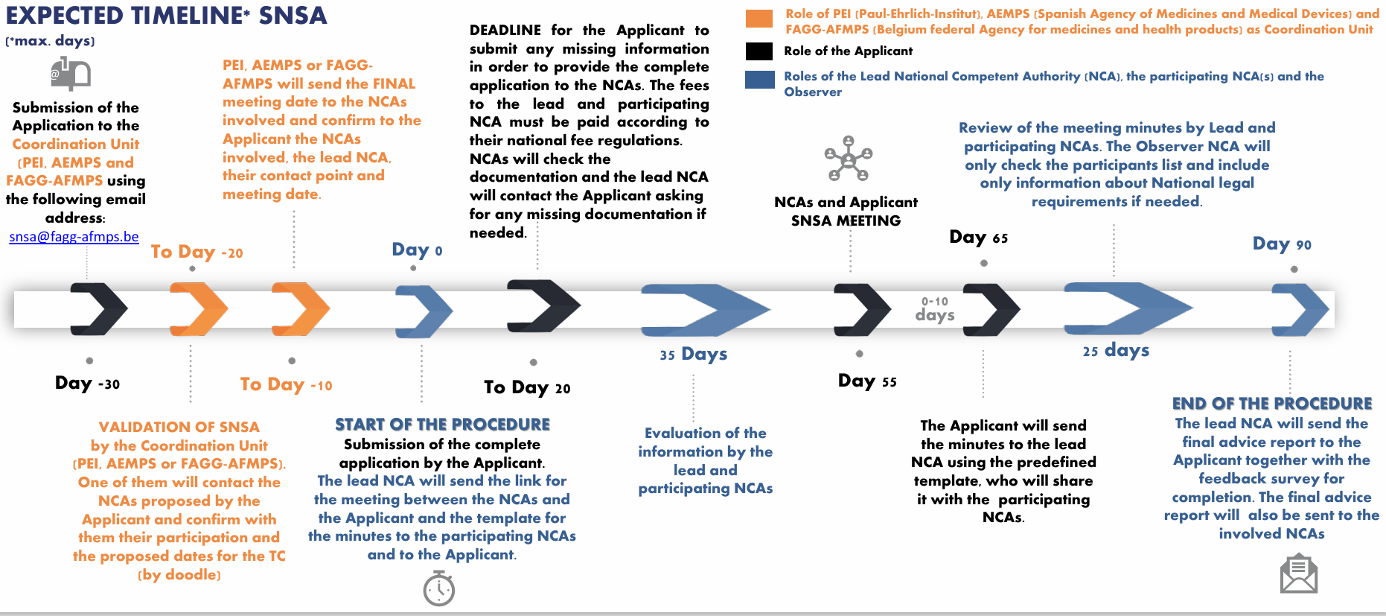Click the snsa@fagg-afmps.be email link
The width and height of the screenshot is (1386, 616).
pyautogui.click(x=74, y=237)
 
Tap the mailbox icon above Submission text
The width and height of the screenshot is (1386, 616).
pyautogui.click(x=71, y=74)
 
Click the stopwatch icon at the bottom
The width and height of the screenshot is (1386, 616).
pyautogui.click(x=439, y=588)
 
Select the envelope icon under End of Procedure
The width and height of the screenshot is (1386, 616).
pyautogui.click(x=1298, y=573)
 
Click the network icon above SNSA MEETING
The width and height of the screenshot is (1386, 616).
pyautogui.click(x=848, y=159)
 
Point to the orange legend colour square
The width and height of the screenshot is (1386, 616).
pyautogui.click(x=759, y=19)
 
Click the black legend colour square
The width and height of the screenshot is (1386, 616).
pyautogui.click(x=759, y=51)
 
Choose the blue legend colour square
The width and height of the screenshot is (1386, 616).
pyautogui.click(x=759, y=80)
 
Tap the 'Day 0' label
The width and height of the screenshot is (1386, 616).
pyautogui.click(x=417, y=250)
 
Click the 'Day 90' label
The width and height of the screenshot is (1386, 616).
pyautogui.click(x=1281, y=244)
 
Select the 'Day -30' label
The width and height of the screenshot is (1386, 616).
pyautogui.click(x=87, y=383)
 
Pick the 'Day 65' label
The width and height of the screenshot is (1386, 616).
pyautogui.click(x=978, y=237)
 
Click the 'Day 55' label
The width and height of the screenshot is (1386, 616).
pyautogui.click(x=867, y=381)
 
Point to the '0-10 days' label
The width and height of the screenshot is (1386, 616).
pyautogui.click(x=935, y=308)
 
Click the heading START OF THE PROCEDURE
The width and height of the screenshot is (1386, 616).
pyautogui.click(x=442, y=425)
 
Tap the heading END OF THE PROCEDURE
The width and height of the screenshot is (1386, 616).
pyautogui.click(x=1271, y=404)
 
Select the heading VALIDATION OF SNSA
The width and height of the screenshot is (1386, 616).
pyautogui.click(x=179, y=427)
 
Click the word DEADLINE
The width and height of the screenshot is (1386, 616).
pyautogui.click(x=505, y=30)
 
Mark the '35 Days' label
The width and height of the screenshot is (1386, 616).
pyautogui.click(x=693, y=354)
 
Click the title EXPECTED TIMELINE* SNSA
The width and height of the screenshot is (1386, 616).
pyautogui.click(x=166, y=16)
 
